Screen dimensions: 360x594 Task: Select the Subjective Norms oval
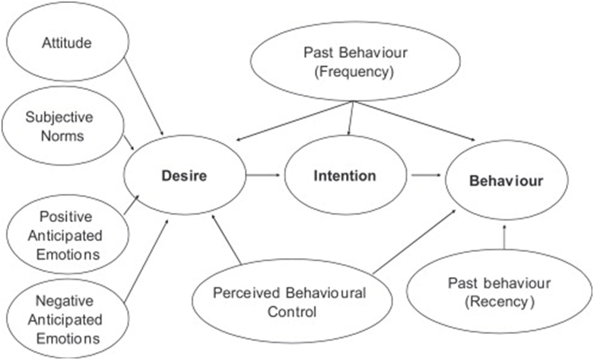point(55,126)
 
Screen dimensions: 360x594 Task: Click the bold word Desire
point(184,176)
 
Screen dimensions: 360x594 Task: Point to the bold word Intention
point(345,176)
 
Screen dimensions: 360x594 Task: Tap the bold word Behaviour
point(506,181)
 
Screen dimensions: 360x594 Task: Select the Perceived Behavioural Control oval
point(289,302)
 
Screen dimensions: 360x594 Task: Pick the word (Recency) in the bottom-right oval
point(501,301)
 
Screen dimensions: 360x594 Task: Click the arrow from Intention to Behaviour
point(426,176)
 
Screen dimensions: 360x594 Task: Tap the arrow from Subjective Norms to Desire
point(128,142)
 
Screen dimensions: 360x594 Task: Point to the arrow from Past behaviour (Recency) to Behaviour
point(505,236)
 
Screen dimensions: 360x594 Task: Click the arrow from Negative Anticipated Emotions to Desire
point(146,258)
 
